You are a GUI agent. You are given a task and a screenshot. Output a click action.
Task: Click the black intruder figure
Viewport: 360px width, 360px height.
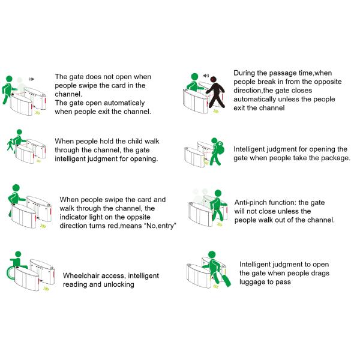click(216, 92)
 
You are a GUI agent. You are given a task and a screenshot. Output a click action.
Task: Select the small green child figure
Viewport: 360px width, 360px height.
click(10, 145)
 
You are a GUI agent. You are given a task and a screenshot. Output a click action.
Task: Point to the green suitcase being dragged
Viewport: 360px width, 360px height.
click(226, 280)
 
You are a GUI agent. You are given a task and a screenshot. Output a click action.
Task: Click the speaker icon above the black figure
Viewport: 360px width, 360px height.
click(206, 76)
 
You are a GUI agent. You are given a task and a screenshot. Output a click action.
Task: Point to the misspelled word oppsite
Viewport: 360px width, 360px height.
click(139, 217)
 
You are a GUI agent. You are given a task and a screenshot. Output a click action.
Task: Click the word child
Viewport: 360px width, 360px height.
click(135, 141)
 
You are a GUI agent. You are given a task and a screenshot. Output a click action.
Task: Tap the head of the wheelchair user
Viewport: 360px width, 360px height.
click(18, 254)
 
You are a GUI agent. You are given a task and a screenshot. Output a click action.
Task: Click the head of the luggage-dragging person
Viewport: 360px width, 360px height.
click(212, 255)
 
